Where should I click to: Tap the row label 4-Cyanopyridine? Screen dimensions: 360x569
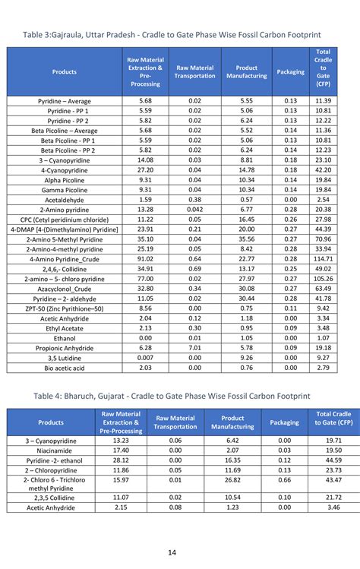[64, 170]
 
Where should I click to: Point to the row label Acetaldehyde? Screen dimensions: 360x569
[64, 200]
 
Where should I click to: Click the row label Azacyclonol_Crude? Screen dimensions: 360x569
[64, 289]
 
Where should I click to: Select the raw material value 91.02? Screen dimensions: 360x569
[145, 259]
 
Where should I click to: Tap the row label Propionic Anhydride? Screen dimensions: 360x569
[64, 348]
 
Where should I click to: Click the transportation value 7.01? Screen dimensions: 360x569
[194, 348]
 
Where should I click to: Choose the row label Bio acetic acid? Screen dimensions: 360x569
[64, 368]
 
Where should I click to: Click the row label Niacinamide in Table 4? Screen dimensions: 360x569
[51, 450]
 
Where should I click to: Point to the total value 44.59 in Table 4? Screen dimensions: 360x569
[333, 460]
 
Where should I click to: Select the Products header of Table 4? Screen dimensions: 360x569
[51, 422]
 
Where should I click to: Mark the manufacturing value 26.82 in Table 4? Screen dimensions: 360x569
[232, 480]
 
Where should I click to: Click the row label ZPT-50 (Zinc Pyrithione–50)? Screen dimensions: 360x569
[64, 308]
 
